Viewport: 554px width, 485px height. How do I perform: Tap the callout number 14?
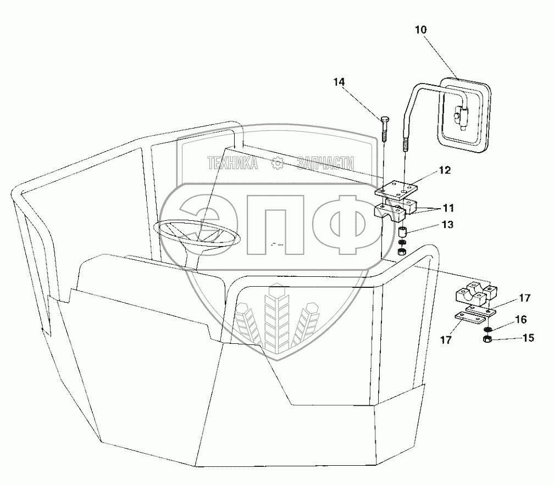tap(339, 82)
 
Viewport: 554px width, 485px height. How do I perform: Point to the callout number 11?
tap(448, 209)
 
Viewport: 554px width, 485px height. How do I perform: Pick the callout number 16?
tap(521, 319)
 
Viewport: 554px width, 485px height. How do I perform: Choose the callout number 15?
tap(528, 338)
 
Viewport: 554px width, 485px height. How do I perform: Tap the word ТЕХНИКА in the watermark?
tap(232, 163)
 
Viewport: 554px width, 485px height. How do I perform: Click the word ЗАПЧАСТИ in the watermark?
tap(325, 163)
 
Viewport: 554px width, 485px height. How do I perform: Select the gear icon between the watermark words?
tap(278, 163)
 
